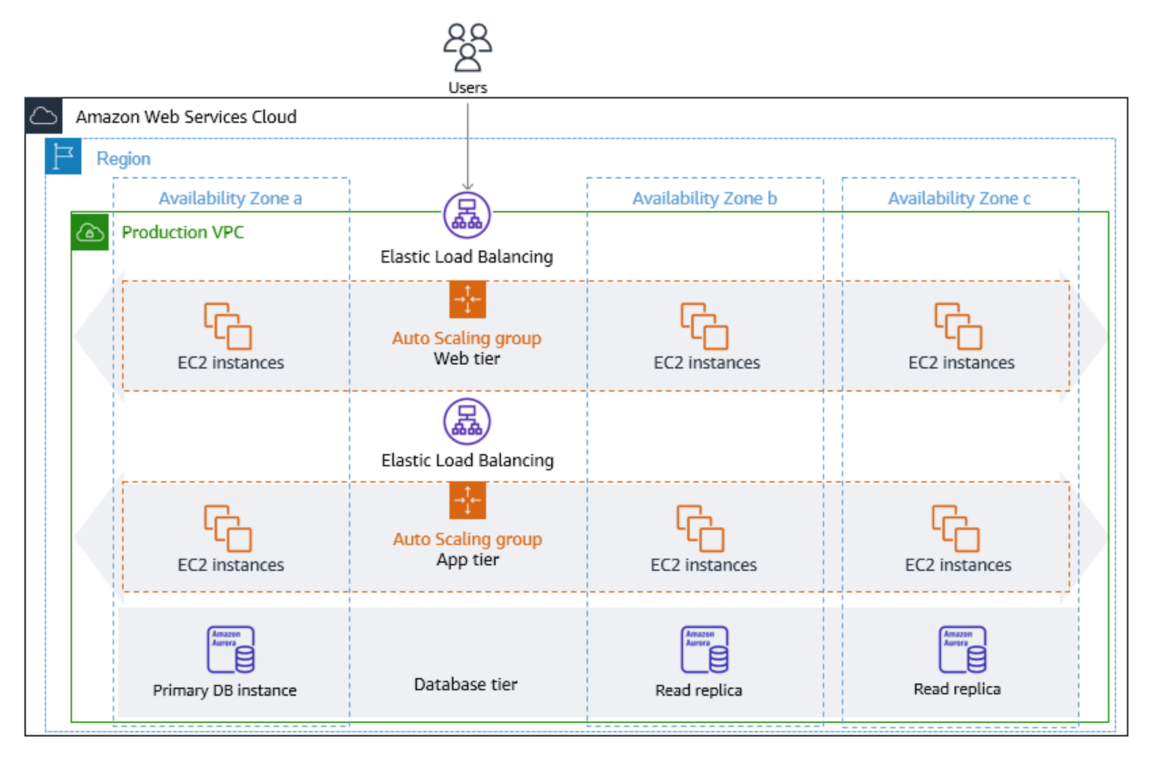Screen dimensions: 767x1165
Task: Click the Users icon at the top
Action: (467, 48)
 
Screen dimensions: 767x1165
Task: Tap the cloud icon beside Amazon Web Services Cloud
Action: (43, 116)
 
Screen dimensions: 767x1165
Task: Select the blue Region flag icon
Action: (63, 157)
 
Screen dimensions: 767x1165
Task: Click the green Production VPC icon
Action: (90, 233)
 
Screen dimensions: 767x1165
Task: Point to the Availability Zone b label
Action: (704, 198)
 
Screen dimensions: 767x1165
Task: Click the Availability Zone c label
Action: (959, 198)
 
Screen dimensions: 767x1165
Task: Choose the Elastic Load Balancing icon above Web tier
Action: (467, 215)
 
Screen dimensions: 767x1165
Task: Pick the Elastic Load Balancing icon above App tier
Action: (467, 421)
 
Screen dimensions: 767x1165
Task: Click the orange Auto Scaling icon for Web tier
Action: (467, 299)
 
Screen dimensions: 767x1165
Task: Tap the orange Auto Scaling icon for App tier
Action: (467, 500)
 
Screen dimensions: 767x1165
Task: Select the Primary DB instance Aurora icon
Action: (231, 650)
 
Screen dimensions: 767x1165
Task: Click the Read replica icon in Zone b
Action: (705, 650)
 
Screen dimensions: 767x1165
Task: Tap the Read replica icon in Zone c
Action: (963, 650)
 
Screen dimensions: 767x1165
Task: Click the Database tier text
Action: (466, 684)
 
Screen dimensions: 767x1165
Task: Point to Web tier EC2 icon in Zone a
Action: (228, 326)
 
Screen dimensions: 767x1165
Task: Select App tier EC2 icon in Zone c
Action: (955, 528)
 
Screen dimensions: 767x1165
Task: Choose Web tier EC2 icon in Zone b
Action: (705, 326)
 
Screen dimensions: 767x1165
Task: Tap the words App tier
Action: (467, 560)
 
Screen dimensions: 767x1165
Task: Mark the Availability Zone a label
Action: (230, 198)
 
